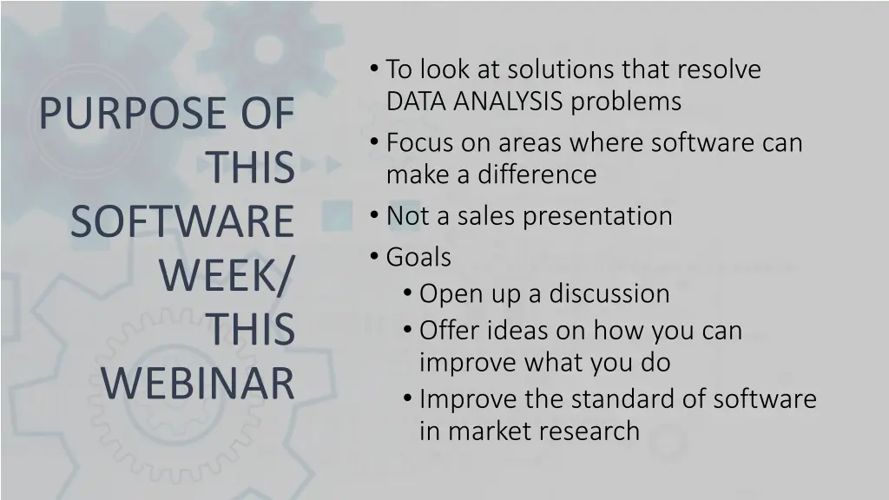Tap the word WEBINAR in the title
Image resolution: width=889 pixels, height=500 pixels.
198,384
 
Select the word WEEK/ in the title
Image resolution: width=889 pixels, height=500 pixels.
227,276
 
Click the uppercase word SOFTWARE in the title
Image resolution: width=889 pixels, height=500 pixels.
182,222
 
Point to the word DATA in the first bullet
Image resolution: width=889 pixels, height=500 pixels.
407,102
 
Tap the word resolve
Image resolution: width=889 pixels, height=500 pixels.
719,69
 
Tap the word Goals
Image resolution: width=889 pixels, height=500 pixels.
418,257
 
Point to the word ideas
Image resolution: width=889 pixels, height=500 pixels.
516,331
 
